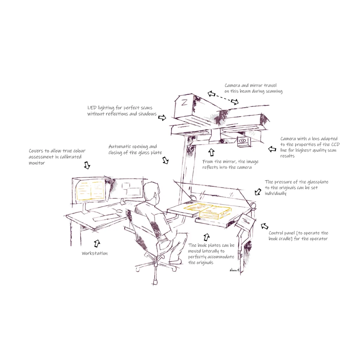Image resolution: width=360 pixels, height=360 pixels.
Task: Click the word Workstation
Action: tap(95, 253)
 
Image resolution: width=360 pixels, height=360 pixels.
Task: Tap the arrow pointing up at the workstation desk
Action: tap(97, 243)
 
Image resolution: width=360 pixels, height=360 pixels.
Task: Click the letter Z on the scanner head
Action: tap(184, 102)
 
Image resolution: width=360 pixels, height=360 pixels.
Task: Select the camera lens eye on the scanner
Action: tap(242, 141)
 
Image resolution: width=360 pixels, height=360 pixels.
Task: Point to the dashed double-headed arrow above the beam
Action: tap(223, 97)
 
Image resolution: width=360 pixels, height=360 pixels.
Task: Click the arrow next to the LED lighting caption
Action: tap(162, 117)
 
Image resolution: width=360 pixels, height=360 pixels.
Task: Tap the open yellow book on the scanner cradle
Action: tap(208, 211)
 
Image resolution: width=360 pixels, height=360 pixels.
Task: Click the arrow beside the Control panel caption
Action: tap(264, 226)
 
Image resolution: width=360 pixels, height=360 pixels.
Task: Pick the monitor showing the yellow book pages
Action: tap(90, 190)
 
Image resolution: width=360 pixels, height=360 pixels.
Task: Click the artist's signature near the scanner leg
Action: tap(234, 270)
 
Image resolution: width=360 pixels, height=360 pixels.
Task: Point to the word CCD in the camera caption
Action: tap(335, 144)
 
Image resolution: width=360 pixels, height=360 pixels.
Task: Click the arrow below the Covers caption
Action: tap(87, 165)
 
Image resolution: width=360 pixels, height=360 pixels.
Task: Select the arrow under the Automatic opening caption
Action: tap(166, 160)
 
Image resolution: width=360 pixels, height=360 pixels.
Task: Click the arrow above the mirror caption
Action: tap(211, 152)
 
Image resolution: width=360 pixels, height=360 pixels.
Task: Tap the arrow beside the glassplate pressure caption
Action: tap(258, 192)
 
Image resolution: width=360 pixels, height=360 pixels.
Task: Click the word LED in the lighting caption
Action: tap(92, 108)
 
